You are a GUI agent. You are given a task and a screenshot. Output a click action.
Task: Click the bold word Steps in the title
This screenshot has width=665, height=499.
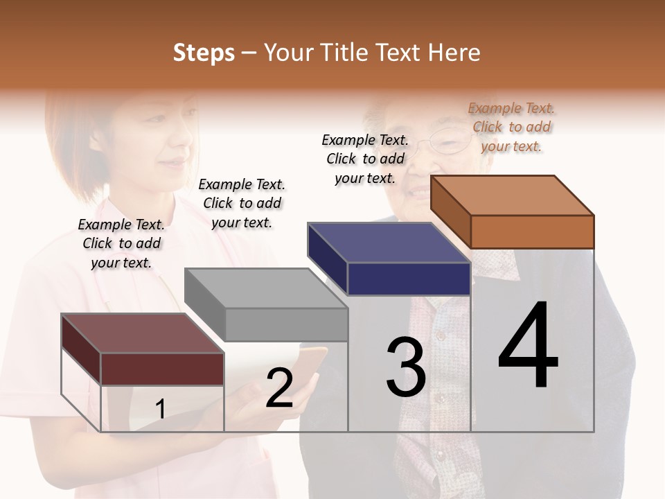coord(204,53)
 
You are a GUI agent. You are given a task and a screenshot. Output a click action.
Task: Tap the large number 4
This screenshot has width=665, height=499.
coord(528,347)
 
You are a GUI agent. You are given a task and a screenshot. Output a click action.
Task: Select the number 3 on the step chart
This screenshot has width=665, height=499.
coord(406,367)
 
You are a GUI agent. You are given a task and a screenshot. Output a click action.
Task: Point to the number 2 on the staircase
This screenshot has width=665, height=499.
coord(279,389)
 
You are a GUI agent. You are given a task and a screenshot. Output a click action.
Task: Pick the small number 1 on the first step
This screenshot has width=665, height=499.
coord(161,410)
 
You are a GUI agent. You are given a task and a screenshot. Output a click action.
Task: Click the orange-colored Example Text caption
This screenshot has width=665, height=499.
coord(511,127)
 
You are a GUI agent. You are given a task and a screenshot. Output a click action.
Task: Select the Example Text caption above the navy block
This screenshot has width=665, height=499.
coord(365,159)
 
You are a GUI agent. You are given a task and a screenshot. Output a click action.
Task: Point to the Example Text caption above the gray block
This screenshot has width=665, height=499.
coord(242,203)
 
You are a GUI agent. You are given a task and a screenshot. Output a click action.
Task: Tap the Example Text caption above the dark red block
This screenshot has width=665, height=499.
coord(121,243)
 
